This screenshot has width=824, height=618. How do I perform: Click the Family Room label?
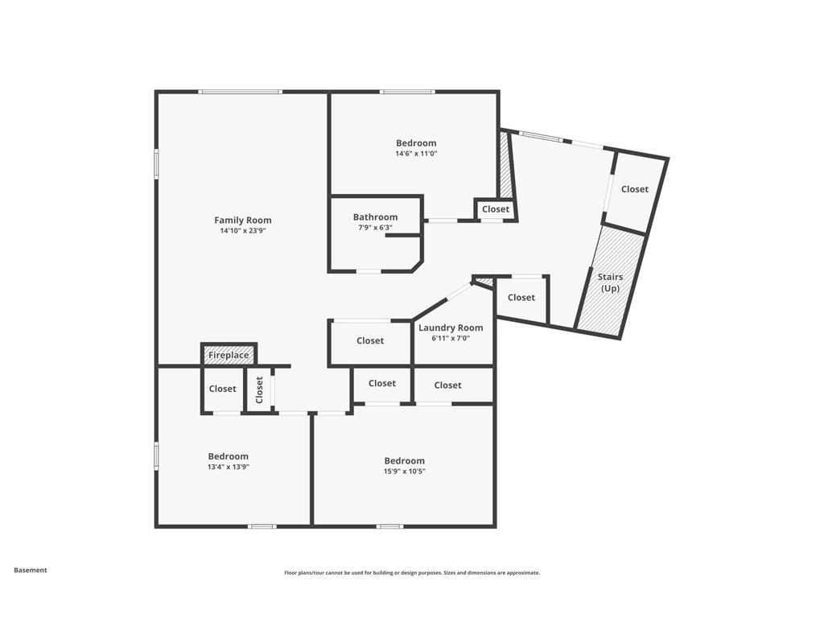242,220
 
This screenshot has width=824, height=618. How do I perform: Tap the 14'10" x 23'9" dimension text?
242,230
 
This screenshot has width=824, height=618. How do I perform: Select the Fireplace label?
229,355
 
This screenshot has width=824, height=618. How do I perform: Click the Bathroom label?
375,216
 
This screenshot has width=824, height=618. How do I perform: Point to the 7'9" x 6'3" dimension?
375,228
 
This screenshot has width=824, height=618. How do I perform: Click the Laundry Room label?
451,328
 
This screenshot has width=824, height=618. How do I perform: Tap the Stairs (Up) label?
610,282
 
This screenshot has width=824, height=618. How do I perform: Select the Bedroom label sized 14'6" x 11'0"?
415,143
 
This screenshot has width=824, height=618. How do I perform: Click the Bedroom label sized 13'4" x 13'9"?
228,456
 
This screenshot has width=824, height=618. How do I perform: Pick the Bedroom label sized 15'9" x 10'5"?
404,461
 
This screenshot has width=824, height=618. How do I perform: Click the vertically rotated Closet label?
259,389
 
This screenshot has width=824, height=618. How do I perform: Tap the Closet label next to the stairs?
634,189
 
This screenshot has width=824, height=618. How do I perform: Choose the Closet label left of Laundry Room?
370,340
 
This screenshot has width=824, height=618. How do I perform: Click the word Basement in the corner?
31,570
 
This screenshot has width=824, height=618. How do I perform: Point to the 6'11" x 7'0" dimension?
451,338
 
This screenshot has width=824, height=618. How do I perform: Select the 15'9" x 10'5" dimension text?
404,472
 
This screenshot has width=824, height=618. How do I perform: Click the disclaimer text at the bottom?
411,573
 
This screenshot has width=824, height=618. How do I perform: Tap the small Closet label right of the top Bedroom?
496,209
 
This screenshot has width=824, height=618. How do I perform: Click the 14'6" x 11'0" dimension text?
415,154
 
